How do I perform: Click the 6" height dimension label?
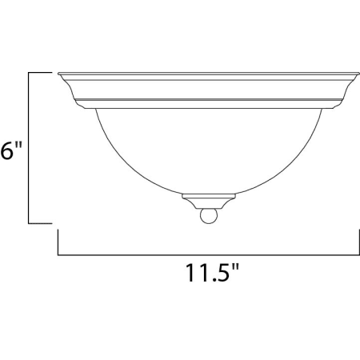pos(10,150)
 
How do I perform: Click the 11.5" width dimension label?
pos(212,272)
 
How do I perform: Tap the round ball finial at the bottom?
pos(209,216)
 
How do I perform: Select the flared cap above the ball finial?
pos(209,202)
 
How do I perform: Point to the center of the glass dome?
pos(209,150)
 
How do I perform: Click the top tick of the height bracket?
pos(40,72)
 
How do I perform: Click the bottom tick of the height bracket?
pos(40,223)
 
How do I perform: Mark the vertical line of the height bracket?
pos(29,148)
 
